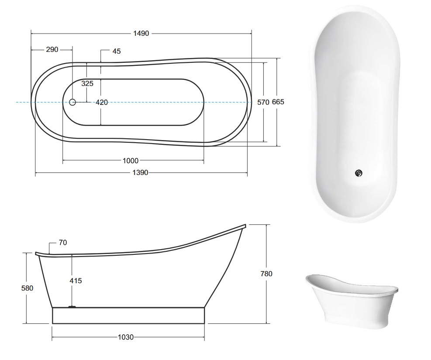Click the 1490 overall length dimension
(x=141, y=34)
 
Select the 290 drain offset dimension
(x=52, y=50)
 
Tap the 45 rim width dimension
(x=117, y=51)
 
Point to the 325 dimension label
(x=87, y=83)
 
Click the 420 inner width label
(x=102, y=103)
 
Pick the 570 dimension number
(x=263, y=103)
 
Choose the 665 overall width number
(x=278, y=102)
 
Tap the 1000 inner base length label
(x=131, y=161)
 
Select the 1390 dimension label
(x=140, y=173)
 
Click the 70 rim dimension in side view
(x=63, y=243)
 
